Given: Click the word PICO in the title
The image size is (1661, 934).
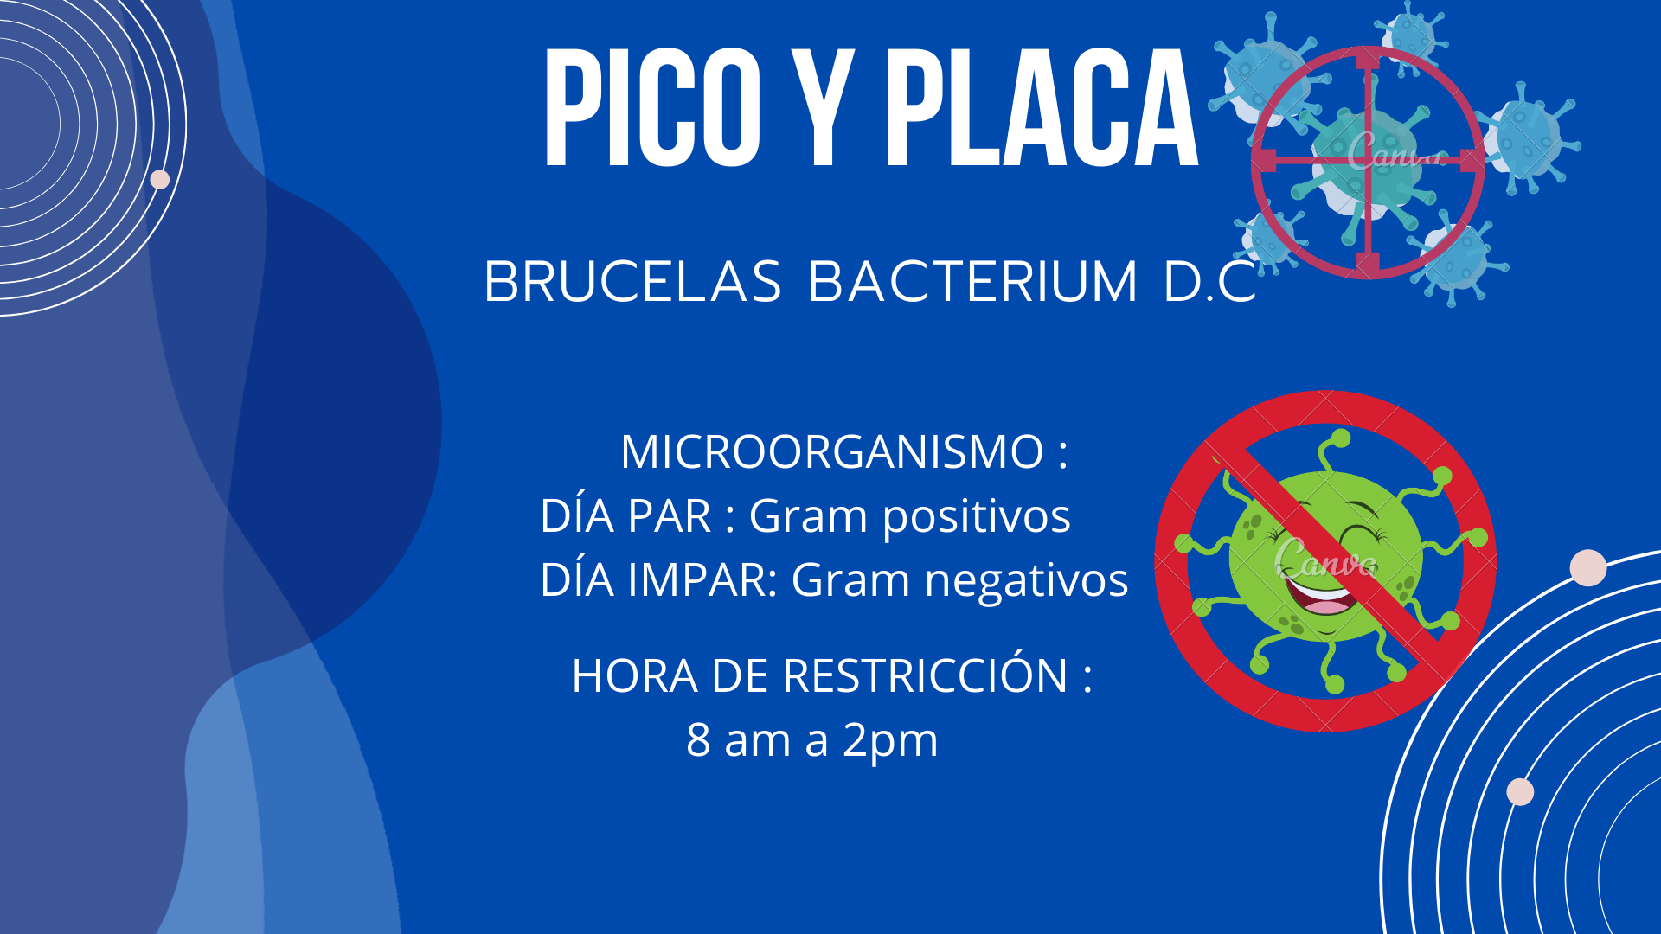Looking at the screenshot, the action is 652,107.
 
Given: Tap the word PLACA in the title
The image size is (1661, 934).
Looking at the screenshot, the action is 1042,107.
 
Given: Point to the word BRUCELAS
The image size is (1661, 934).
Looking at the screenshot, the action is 632,282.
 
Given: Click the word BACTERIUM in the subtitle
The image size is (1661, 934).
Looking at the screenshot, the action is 972,282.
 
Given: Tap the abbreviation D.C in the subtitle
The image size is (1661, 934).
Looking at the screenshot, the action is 1209,282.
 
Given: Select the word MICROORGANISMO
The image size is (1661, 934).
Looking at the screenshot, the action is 832,451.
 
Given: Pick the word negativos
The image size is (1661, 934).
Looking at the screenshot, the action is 1026,580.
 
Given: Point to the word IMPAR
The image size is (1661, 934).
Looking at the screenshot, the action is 702,580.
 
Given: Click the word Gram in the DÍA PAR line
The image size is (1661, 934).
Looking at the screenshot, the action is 808,516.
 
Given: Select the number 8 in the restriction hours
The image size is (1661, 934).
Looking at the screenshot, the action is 698,740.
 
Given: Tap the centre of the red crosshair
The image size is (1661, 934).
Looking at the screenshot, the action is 1368,162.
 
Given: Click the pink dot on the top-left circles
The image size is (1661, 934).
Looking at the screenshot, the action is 160,180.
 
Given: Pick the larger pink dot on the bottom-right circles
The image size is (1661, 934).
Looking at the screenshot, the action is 1588,568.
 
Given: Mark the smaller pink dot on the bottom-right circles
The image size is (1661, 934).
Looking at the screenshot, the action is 1520,791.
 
